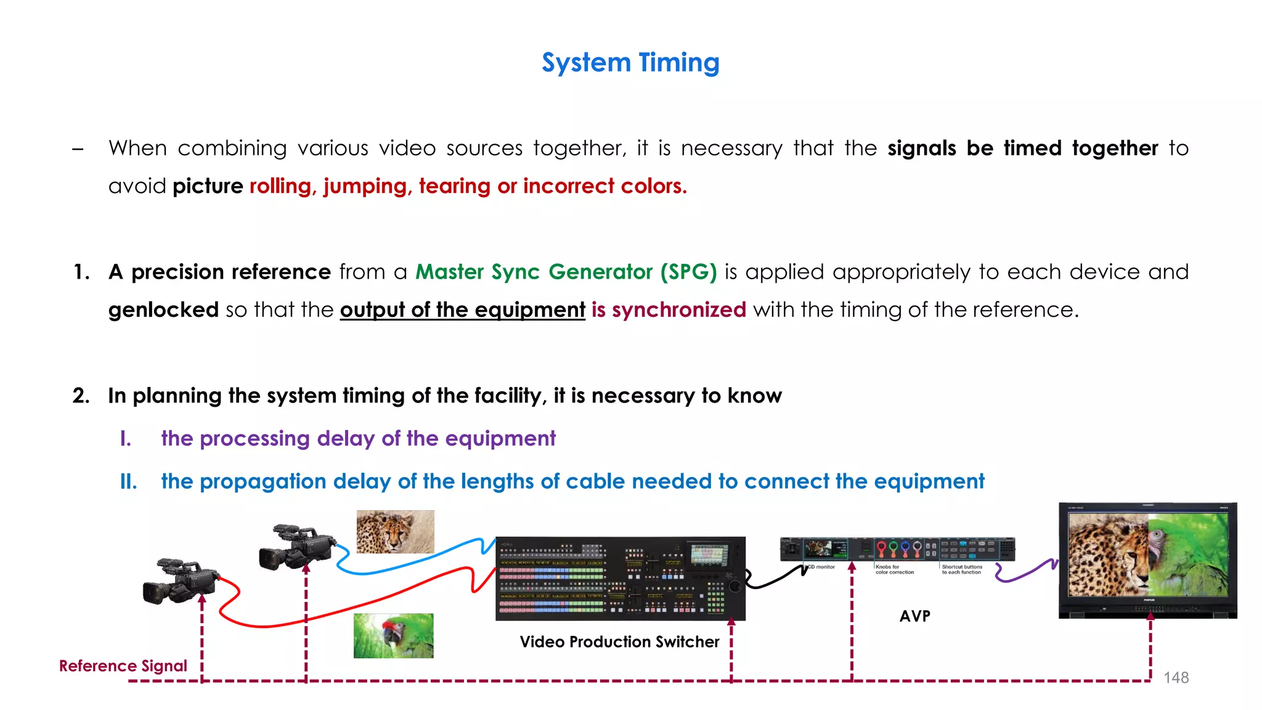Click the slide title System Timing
pyautogui.click(x=630, y=63)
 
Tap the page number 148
pyautogui.click(x=1176, y=677)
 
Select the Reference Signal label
pyautogui.click(x=123, y=666)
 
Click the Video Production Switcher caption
pyautogui.click(x=619, y=642)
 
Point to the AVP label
pyautogui.click(x=914, y=616)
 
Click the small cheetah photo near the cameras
pyautogui.click(x=395, y=531)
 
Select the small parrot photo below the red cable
pyautogui.click(x=393, y=635)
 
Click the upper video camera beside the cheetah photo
pyautogui.click(x=296, y=547)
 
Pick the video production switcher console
pyautogui.click(x=620, y=578)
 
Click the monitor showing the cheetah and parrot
pyautogui.click(x=1147, y=560)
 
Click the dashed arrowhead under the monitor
pyautogui.click(x=1150, y=618)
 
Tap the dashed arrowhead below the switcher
pyautogui.click(x=731, y=622)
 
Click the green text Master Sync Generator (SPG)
pyautogui.click(x=566, y=272)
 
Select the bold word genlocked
pyautogui.click(x=163, y=309)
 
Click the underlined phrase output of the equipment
pyautogui.click(x=462, y=309)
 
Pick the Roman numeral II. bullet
pyautogui.click(x=128, y=481)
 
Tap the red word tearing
pyautogui.click(x=454, y=186)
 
